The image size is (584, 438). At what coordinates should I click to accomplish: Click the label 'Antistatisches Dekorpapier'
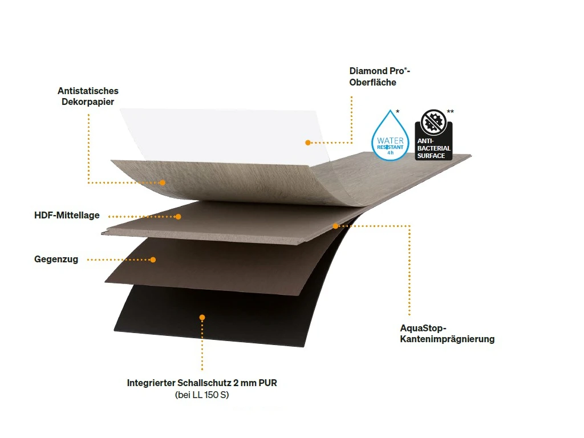click(x=88, y=96)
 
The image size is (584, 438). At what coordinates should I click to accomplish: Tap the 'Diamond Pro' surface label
click(x=380, y=76)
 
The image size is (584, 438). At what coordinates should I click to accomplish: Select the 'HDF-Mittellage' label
click(x=67, y=216)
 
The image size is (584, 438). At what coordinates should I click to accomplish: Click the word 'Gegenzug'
click(x=56, y=259)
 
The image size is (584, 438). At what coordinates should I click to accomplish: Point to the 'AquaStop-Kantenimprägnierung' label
click(x=447, y=334)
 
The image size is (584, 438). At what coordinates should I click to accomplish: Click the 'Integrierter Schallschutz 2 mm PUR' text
click(x=202, y=383)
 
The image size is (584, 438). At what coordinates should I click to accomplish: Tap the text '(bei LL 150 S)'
click(x=202, y=395)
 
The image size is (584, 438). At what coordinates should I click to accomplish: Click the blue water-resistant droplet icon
click(x=390, y=137)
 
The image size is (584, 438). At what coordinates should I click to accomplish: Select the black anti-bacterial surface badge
click(x=433, y=136)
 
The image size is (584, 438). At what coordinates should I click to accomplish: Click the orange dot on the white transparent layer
click(x=307, y=143)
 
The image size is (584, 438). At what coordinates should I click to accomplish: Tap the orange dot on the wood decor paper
click(x=163, y=183)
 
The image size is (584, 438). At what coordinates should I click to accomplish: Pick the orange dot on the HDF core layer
click(x=178, y=217)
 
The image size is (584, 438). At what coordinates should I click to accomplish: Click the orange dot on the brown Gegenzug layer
click(x=153, y=259)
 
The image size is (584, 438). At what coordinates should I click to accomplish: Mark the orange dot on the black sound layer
click(x=202, y=317)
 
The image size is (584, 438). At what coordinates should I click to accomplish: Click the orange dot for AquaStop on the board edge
click(x=335, y=226)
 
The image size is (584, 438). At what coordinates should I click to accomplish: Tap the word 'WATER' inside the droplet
click(x=390, y=140)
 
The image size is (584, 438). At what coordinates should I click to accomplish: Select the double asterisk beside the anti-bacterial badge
click(x=451, y=112)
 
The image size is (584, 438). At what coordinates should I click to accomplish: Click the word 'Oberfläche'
click(x=372, y=82)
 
